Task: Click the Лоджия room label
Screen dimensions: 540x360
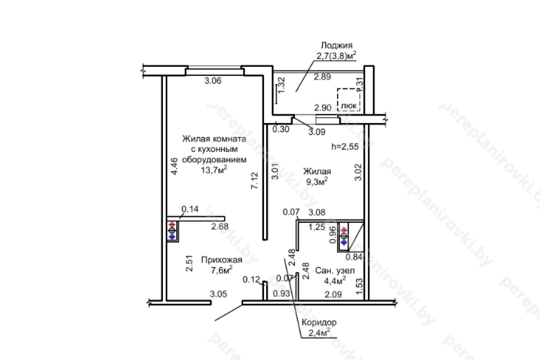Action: [x=337, y=45]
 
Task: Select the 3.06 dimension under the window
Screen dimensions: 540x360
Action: [x=213, y=81]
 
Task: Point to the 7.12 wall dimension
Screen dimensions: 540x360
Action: [x=254, y=180]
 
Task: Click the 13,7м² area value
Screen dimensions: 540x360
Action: [x=214, y=170]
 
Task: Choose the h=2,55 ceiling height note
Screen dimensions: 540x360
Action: [x=345, y=146]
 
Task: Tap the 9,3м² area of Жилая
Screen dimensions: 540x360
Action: [x=317, y=182]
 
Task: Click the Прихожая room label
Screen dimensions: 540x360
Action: [x=221, y=260]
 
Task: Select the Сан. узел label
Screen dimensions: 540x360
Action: [x=335, y=271]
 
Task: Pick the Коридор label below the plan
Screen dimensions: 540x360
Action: [x=319, y=322]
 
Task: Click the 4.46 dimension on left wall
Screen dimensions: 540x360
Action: [x=174, y=166]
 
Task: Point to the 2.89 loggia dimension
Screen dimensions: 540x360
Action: [x=322, y=77]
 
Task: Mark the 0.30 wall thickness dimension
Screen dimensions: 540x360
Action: [x=281, y=129]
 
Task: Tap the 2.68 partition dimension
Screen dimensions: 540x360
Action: [x=220, y=226]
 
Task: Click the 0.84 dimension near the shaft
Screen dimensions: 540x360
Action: [x=354, y=257]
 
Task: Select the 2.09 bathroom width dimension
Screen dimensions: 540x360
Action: [x=333, y=295]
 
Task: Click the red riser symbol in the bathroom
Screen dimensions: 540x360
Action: [x=344, y=230]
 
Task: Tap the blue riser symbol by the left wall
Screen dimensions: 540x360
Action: [x=172, y=237]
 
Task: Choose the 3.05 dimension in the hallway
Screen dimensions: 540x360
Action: [x=219, y=294]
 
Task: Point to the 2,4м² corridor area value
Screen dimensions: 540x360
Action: [x=319, y=333]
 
